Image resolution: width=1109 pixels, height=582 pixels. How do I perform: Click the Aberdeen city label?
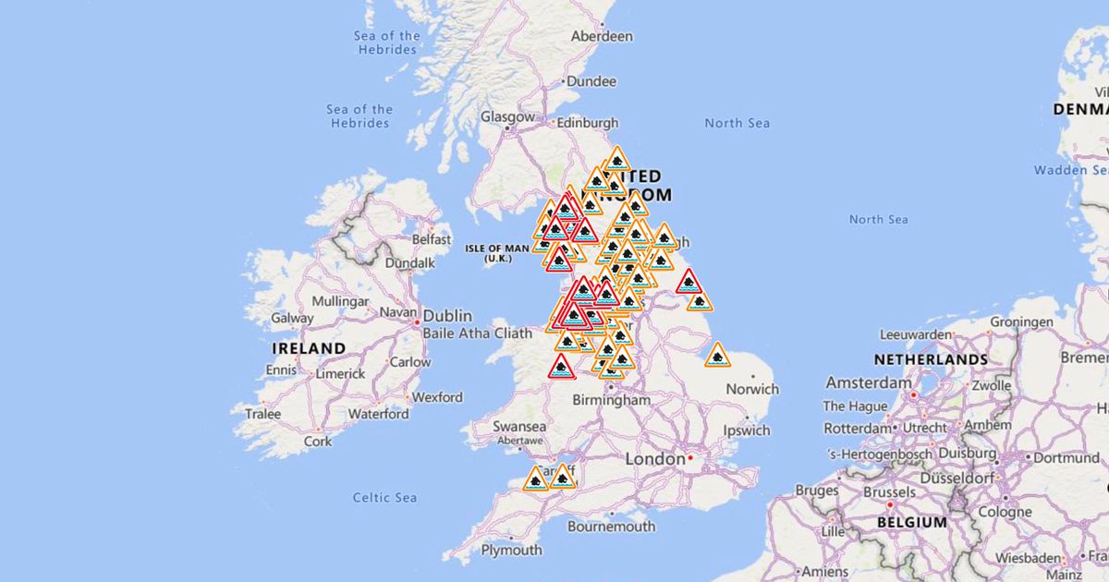click(x=602, y=36)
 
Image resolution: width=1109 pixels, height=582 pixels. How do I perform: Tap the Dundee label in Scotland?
click(x=591, y=81)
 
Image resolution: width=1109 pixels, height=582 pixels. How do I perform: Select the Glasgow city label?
click(x=507, y=117)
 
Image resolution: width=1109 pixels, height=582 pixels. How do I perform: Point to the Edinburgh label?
click(x=587, y=123)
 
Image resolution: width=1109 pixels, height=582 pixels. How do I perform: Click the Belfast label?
click(x=432, y=238)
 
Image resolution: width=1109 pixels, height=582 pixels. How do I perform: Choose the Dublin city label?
click(x=447, y=314)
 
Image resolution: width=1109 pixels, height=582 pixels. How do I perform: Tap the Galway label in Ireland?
click(x=291, y=318)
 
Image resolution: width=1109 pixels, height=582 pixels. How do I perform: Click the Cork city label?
click(x=318, y=442)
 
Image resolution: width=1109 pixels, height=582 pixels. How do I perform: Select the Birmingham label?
click(x=611, y=400)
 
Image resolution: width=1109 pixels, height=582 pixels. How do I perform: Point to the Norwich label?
click(x=752, y=389)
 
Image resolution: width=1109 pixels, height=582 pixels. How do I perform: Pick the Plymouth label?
click(x=511, y=550)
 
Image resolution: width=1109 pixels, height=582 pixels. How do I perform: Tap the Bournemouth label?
click(x=611, y=527)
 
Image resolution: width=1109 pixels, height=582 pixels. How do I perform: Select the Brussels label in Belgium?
click(x=888, y=492)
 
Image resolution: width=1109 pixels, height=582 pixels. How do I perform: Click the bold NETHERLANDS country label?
click(x=931, y=358)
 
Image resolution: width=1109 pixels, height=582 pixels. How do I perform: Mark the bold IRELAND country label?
click(x=309, y=348)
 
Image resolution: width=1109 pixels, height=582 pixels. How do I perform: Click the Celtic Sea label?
click(x=384, y=498)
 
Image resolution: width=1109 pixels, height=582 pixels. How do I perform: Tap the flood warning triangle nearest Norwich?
click(x=717, y=355)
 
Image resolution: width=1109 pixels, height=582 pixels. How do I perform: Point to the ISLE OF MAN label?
click(x=497, y=249)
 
